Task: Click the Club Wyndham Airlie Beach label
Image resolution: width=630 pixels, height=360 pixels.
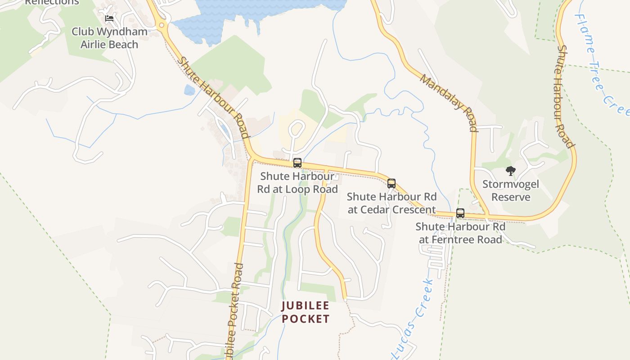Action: coord(109,38)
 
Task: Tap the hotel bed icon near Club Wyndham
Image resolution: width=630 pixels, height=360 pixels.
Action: coord(109,18)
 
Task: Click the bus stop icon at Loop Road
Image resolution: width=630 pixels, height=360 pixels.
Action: coord(297,163)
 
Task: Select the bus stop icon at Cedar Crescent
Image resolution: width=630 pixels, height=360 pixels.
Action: coord(391,184)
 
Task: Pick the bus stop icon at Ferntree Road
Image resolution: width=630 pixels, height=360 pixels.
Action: coord(460,213)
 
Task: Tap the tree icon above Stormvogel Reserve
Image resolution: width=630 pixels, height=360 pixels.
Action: coord(510,171)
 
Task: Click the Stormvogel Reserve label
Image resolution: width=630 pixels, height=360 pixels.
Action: coord(510,190)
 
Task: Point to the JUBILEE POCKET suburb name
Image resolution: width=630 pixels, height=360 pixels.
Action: coord(306,312)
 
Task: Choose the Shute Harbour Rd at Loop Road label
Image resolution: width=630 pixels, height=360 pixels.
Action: coord(297,182)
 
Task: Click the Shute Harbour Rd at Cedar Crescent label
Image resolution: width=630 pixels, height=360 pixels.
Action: coord(391,203)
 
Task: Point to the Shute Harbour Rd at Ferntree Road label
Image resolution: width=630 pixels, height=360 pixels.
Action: coord(460,233)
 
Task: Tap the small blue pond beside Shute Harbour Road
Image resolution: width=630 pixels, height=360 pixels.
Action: coord(189,90)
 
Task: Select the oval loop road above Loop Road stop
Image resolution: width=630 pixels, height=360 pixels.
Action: coord(296,130)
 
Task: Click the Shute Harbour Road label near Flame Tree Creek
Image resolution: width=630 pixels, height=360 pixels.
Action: coord(565,96)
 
